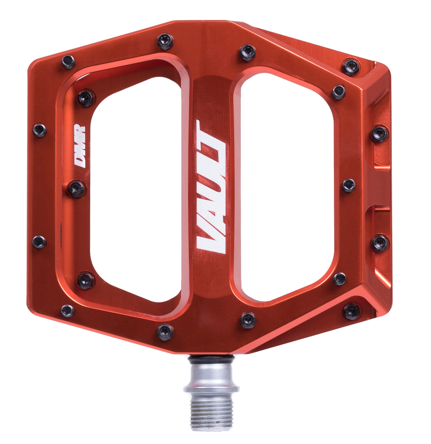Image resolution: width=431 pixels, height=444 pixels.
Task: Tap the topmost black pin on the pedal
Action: point(165,41)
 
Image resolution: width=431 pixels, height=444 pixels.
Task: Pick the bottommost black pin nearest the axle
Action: point(165,331)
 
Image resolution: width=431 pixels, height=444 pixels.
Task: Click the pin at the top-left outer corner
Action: point(69,62)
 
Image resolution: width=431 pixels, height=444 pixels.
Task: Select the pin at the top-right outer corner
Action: point(351,67)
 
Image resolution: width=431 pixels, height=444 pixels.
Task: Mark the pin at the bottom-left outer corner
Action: point(67,311)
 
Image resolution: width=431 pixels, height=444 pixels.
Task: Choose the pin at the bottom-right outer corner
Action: point(351,311)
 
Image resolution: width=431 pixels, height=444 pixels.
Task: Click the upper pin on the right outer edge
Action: point(380,134)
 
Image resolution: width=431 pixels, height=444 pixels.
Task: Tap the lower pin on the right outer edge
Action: point(380,243)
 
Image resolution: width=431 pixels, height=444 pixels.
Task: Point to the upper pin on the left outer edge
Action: point(40,130)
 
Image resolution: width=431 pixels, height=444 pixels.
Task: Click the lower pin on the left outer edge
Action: point(39,242)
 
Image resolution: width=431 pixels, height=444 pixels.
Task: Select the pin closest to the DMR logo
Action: point(77,188)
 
